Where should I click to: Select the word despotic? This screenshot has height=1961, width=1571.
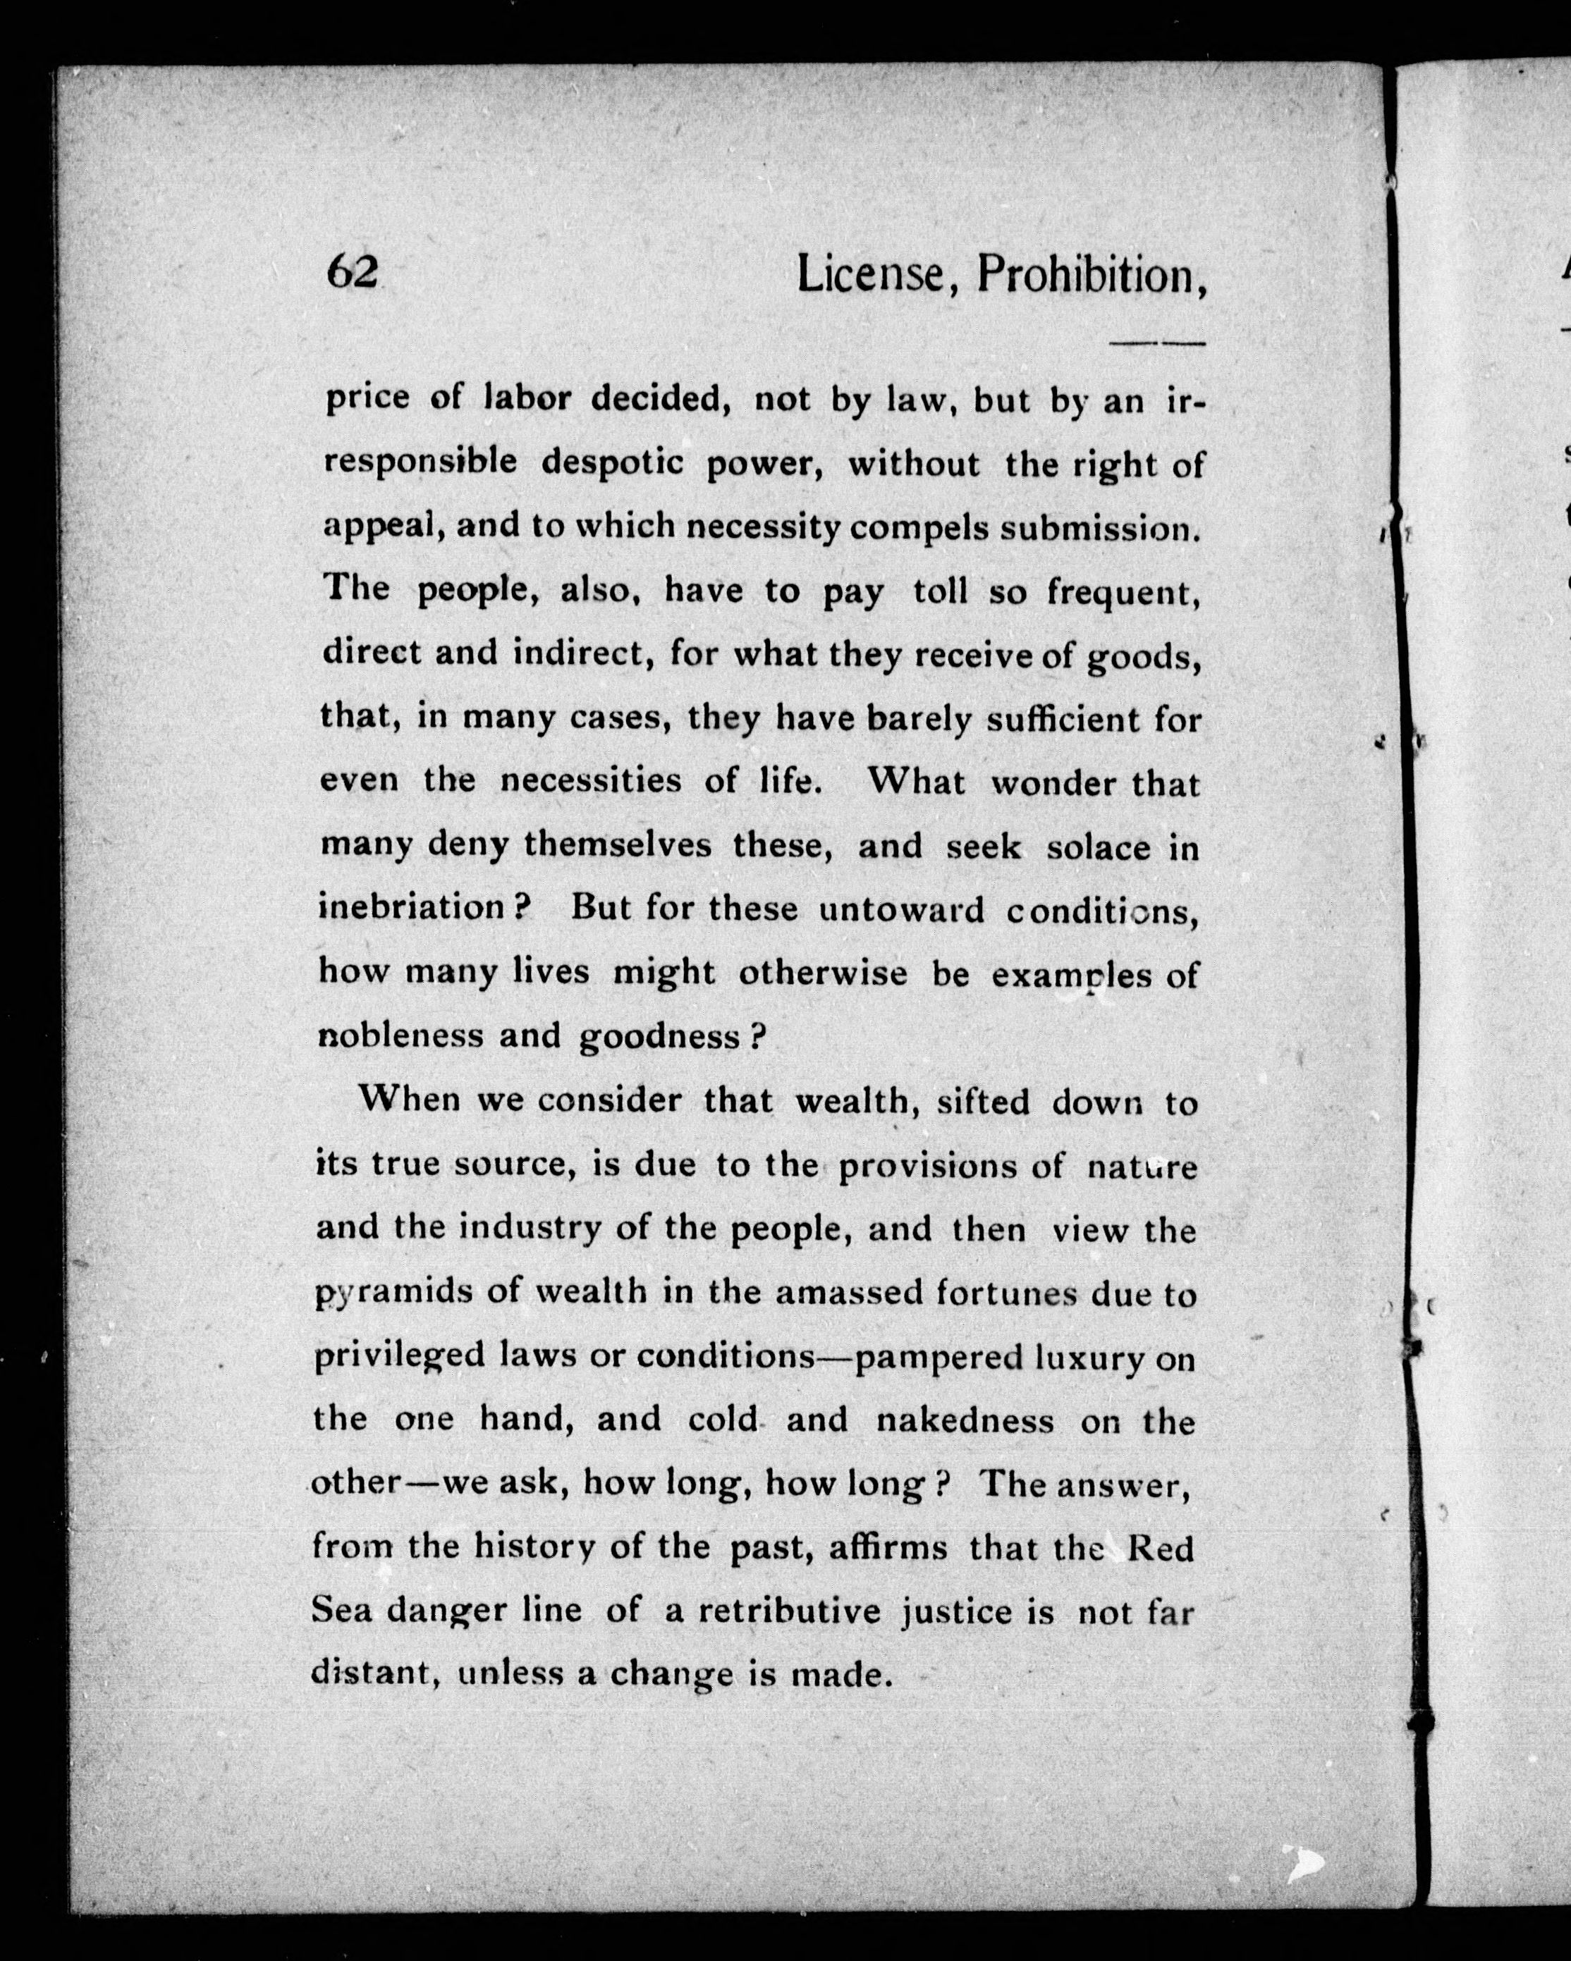(x=611, y=463)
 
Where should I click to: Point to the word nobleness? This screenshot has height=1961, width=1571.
(x=401, y=1036)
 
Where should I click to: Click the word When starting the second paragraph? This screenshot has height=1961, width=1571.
(x=410, y=1099)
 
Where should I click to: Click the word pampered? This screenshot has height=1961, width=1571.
(x=934, y=1358)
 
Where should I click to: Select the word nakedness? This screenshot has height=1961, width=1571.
(x=965, y=1421)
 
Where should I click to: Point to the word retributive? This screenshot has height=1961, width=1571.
(x=790, y=1611)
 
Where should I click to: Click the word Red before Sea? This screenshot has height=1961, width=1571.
(x=1160, y=1548)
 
